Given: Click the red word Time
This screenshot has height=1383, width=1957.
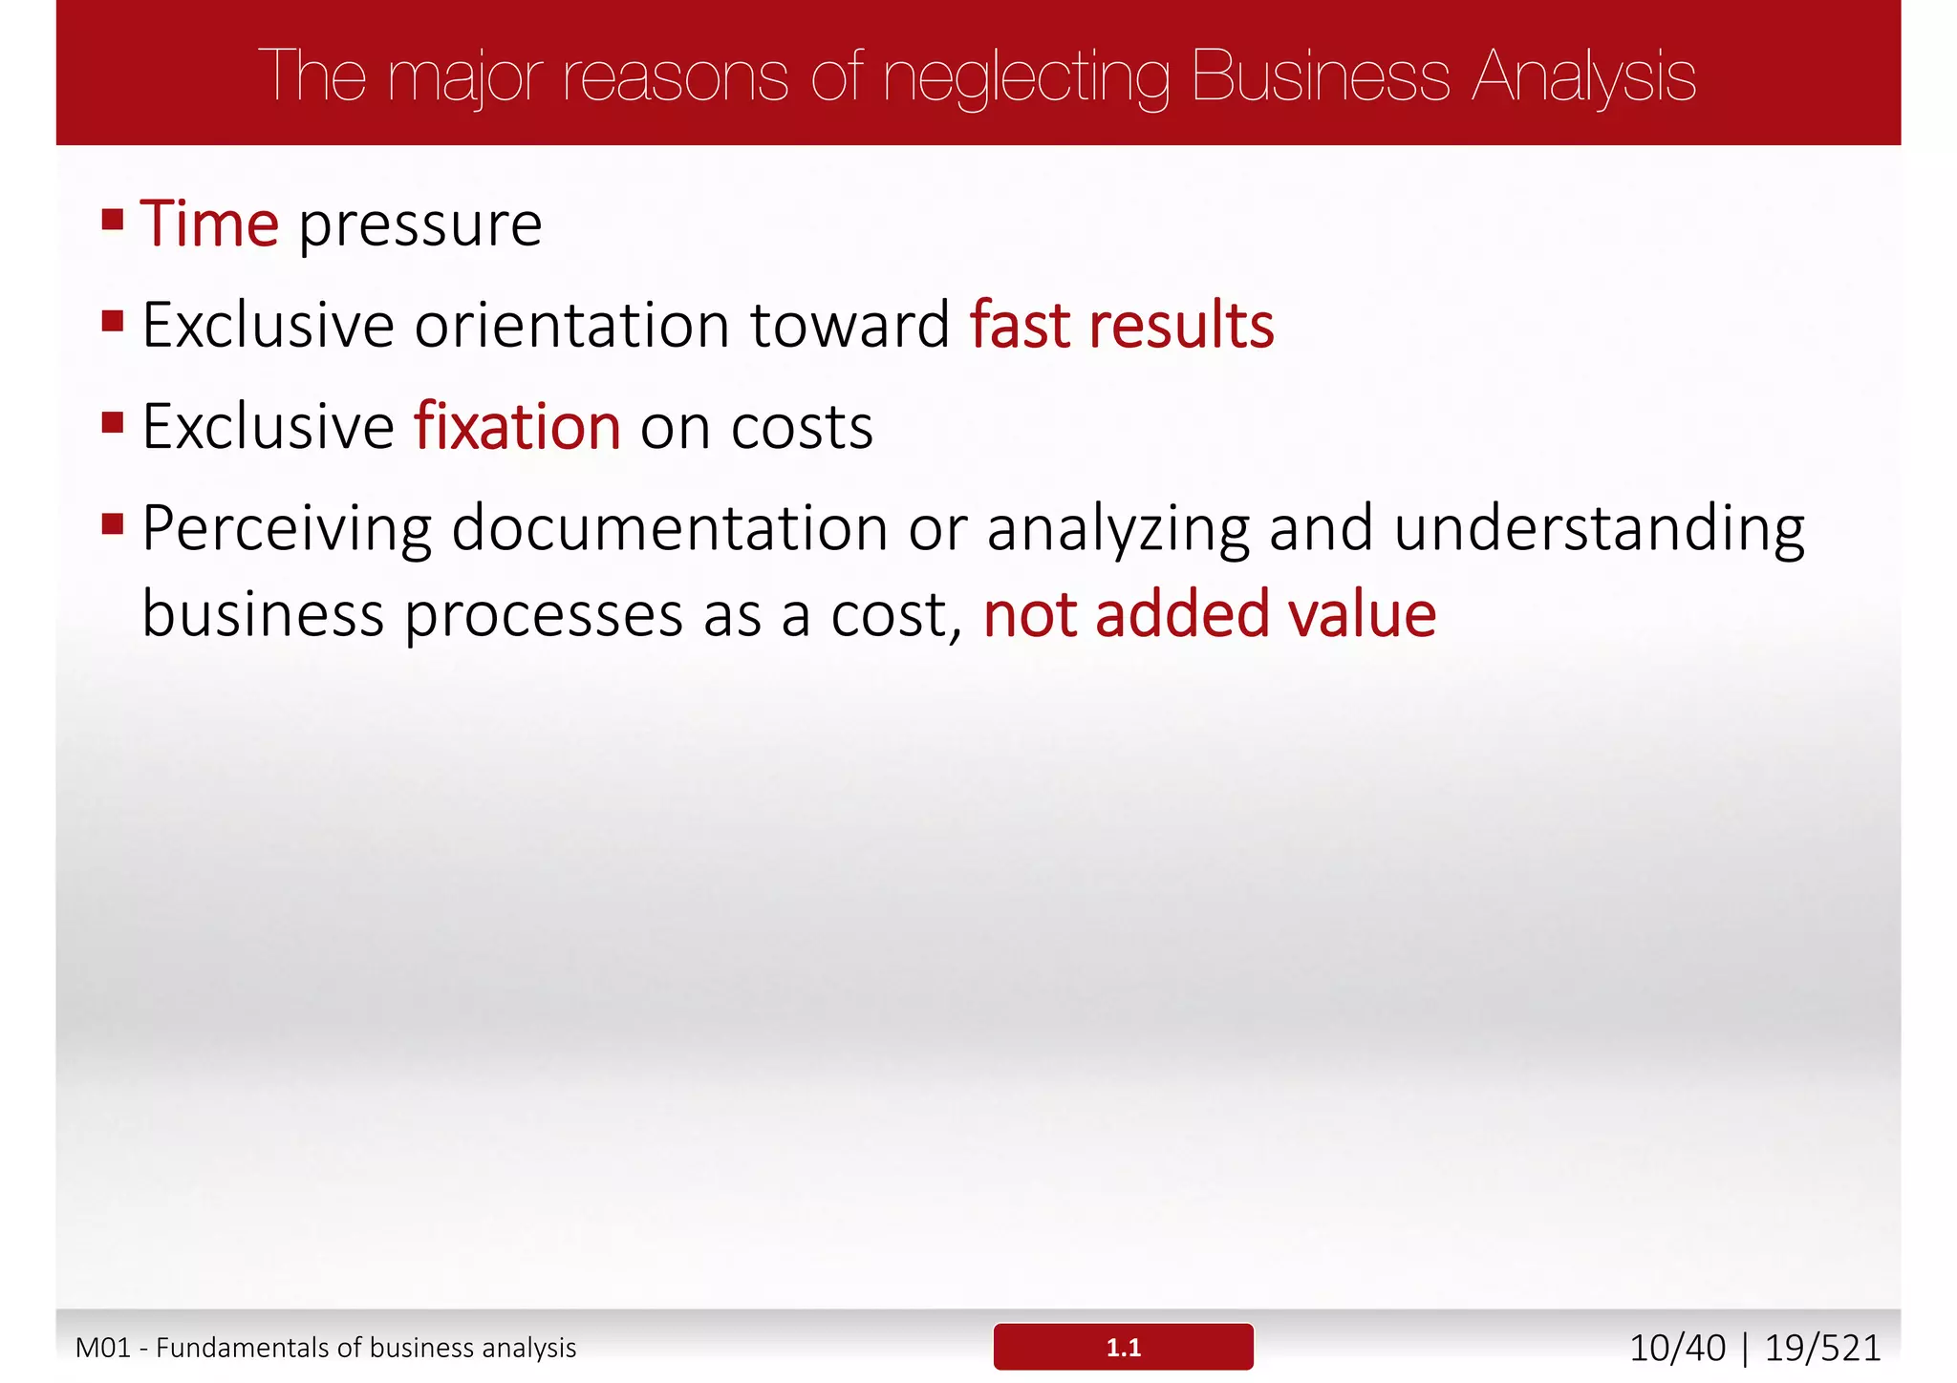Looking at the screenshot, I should [209, 224].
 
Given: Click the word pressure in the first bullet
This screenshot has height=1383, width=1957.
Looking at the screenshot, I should [420, 226].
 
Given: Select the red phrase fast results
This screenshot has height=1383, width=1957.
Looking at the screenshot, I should [1122, 325].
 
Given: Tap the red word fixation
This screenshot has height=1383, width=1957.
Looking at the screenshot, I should [517, 426].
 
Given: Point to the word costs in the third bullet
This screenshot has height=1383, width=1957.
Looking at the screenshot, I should [802, 427].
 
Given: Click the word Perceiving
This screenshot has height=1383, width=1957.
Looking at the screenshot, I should [287, 529].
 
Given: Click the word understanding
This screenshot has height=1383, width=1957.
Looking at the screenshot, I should [1599, 529].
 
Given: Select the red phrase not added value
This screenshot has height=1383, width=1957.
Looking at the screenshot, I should [1210, 614].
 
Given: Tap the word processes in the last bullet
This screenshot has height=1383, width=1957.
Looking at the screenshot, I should [543, 616].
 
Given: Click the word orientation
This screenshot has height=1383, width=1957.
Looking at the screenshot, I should [572, 325].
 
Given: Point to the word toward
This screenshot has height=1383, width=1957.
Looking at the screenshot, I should [849, 325].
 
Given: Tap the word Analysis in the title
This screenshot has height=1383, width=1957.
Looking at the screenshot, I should [1583, 76].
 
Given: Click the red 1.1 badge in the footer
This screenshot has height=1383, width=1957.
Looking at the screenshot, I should [1123, 1347].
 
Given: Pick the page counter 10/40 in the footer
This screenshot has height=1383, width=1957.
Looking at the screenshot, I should [1677, 1348].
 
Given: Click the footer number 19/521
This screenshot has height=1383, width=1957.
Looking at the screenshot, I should [1822, 1348].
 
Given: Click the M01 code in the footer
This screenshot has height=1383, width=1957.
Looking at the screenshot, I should [102, 1348].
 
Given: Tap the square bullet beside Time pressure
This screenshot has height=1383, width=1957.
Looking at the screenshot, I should [113, 220].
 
